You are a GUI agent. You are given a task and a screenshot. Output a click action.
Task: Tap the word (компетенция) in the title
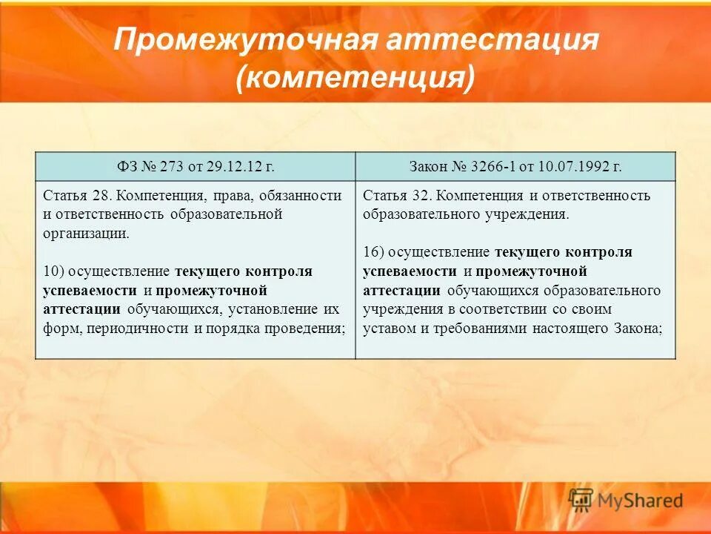[355, 78]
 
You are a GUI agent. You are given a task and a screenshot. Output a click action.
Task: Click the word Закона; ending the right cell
[637, 328]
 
